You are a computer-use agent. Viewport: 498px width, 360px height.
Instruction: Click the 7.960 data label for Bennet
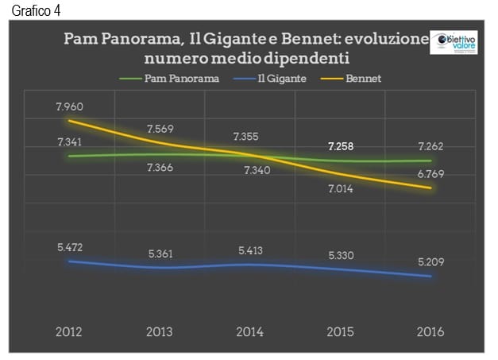[x=71, y=106]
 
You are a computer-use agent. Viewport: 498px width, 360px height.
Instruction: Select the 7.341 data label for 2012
[x=71, y=141]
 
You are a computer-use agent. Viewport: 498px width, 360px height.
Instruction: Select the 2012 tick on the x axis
[x=71, y=331]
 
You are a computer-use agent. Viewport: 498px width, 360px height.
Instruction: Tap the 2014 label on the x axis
[x=249, y=331]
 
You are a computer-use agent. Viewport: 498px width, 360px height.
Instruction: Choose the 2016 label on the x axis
[x=429, y=331]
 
